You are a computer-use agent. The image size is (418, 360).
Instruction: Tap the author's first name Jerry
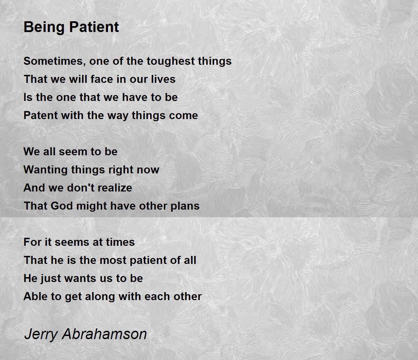(x=41, y=334)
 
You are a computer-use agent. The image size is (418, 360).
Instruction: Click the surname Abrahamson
(x=105, y=334)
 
